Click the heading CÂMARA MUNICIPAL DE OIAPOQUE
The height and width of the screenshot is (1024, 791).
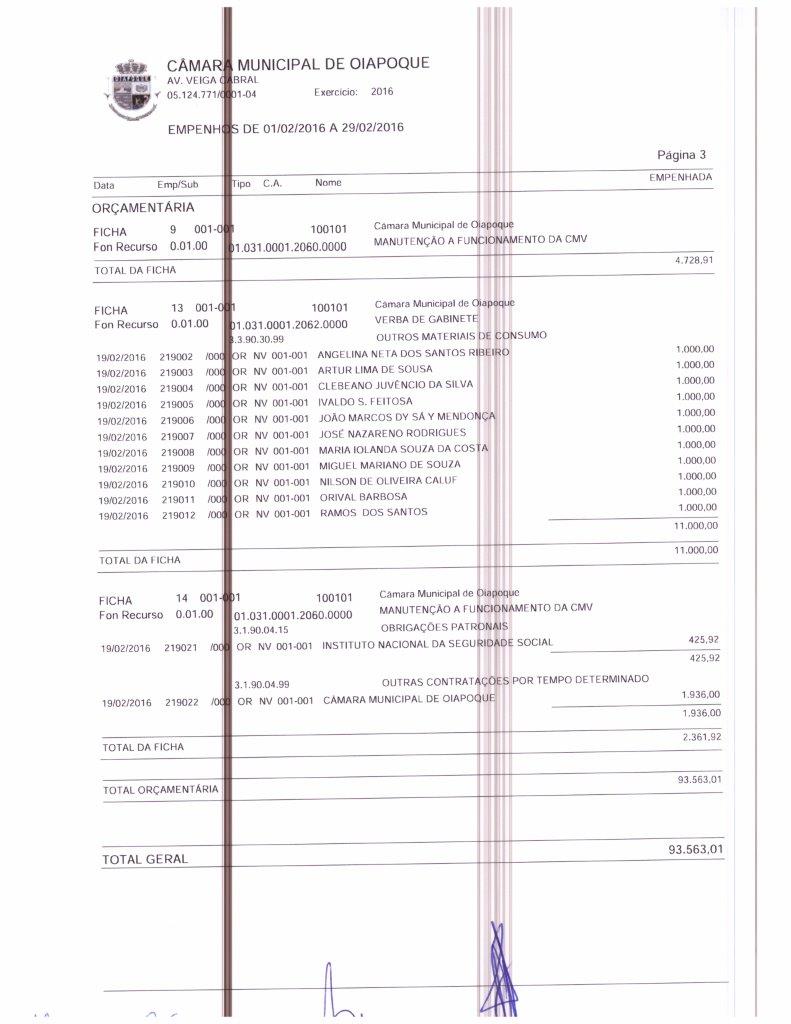click(x=298, y=64)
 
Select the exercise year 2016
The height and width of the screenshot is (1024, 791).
click(x=382, y=92)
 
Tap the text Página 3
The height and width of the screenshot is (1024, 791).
click(x=681, y=155)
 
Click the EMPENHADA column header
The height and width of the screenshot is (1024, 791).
click(x=681, y=177)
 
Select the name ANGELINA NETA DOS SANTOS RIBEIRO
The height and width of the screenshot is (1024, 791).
click(x=413, y=354)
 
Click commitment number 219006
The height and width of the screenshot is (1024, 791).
click(x=177, y=421)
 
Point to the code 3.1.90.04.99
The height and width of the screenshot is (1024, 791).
click(x=261, y=684)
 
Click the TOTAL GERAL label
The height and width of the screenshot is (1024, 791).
click(x=145, y=860)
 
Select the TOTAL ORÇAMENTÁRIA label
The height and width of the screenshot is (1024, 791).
click(x=160, y=789)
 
